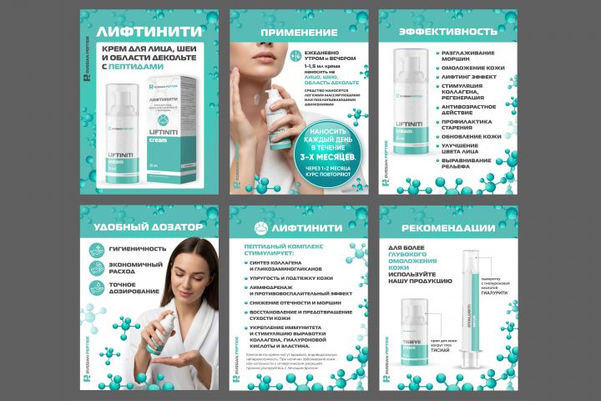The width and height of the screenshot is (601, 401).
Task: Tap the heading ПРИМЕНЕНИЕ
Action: click(299, 33)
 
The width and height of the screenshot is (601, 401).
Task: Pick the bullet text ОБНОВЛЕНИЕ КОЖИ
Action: click(472, 136)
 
